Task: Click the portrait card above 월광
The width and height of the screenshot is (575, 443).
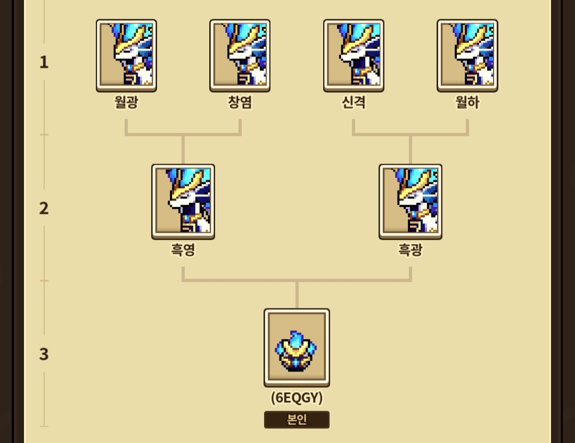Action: click(x=127, y=55)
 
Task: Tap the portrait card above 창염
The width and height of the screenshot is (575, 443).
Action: click(x=240, y=55)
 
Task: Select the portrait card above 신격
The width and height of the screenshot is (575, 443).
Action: click(x=354, y=55)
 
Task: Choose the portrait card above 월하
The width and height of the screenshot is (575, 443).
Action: click(x=467, y=55)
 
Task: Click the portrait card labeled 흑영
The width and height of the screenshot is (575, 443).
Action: click(x=183, y=202)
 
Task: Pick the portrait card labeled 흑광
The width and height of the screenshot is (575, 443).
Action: click(x=410, y=202)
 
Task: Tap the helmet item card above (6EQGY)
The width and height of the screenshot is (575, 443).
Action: click(x=297, y=348)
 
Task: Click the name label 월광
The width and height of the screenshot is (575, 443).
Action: click(x=126, y=102)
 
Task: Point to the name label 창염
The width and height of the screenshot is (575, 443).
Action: click(x=240, y=102)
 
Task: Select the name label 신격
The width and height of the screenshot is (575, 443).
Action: click(x=354, y=102)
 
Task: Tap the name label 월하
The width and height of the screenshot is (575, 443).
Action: click(x=467, y=102)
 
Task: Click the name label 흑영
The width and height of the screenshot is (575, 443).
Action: click(x=183, y=250)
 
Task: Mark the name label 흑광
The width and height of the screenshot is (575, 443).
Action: click(x=410, y=250)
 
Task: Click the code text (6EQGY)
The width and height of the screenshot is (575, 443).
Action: click(x=297, y=398)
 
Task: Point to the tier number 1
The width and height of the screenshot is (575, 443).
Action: click(x=44, y=62)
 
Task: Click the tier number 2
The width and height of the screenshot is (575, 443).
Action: click(x=44, y=208)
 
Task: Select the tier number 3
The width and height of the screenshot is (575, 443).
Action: click(x=44, y=354)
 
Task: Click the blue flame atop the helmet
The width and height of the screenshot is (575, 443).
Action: click(x=294, y=338)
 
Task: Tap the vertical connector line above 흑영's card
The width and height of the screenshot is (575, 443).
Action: click(x=183, y=150)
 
